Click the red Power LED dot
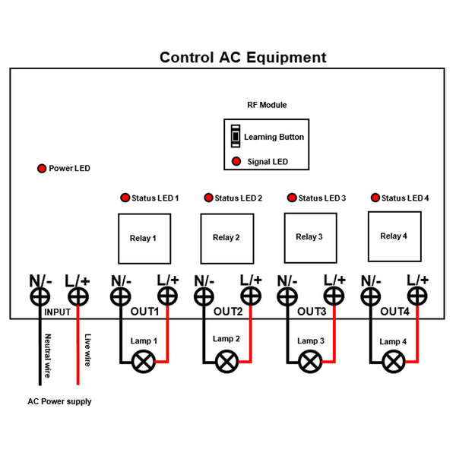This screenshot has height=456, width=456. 42,169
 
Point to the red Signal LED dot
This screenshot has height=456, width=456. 236,161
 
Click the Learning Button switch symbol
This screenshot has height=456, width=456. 236,136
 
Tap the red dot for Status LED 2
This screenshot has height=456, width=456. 208,198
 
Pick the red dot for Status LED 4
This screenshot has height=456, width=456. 375,198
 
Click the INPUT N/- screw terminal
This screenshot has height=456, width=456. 40,297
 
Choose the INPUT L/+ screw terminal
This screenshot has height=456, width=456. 78,297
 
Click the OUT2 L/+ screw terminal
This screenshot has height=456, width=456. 251,296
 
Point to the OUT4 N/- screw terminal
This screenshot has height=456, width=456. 371,297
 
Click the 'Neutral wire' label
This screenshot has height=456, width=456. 48,356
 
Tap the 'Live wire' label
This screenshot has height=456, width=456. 87,350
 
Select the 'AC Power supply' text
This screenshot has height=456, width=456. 59,401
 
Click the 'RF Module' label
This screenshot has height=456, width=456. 267,105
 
